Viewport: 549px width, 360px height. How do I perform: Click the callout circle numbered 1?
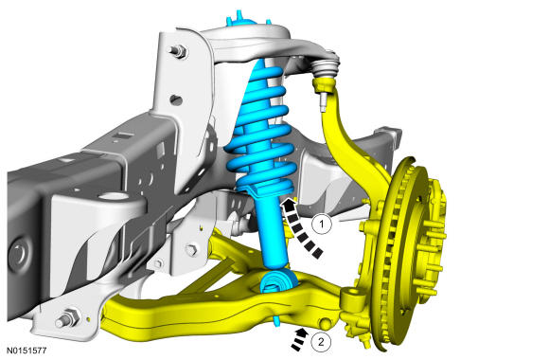[322, 224]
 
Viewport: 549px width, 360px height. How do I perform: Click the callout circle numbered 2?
[321, 342]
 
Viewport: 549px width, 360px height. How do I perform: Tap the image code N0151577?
[27, 351]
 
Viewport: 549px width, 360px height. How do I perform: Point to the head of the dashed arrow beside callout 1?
[288, 204]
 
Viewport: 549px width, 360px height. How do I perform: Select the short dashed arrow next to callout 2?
[299, 339]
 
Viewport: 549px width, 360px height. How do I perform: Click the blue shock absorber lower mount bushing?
[276, 281]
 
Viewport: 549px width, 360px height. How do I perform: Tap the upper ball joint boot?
[326, 67]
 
